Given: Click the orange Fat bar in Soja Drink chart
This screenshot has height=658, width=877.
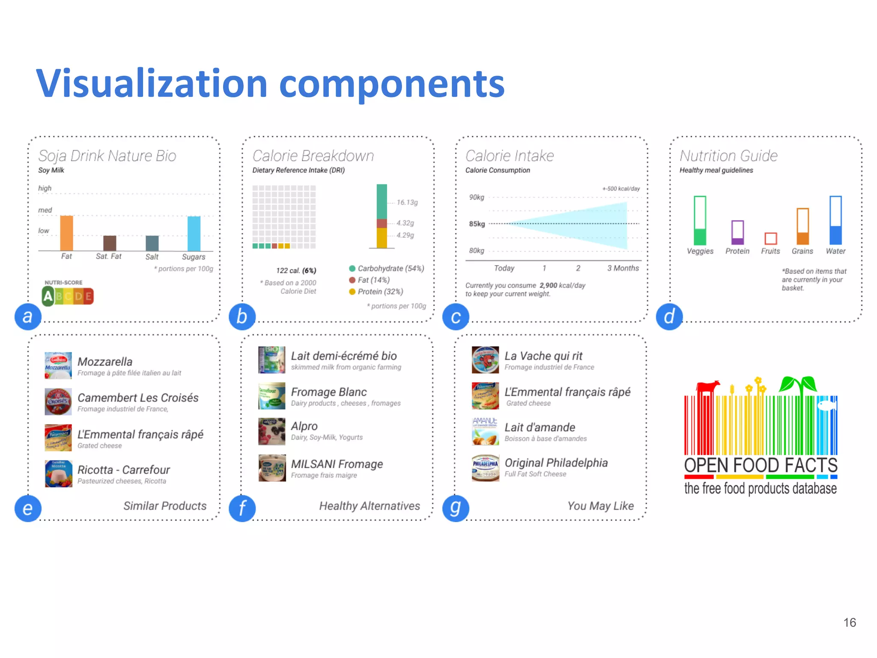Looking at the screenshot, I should (66, 233).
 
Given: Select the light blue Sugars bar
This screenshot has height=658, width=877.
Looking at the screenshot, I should (194, 233).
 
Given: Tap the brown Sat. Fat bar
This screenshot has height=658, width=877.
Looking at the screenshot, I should (110, 243).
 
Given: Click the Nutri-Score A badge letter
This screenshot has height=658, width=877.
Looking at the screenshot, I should (48, 296).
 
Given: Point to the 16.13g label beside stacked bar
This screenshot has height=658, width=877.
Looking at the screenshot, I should (407, 202).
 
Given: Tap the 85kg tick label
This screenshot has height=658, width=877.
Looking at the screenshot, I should (477, 224).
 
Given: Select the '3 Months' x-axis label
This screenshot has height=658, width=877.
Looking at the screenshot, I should (623, 268).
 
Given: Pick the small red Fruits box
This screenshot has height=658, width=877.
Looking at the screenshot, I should (770, 238).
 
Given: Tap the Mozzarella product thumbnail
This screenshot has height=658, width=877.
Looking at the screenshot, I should (58, 365).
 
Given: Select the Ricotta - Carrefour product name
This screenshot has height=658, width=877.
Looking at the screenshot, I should (123, 470).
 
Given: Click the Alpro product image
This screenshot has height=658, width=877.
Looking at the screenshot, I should (272, 431).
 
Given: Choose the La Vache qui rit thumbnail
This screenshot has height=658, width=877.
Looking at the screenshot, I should (485, 360).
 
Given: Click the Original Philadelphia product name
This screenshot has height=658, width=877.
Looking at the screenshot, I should (556, 463).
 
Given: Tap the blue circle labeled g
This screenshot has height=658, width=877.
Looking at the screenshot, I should (456, 508).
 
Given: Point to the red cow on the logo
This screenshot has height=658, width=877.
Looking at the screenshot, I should (707, 387).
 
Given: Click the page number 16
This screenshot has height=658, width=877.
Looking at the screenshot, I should (850, 622).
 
